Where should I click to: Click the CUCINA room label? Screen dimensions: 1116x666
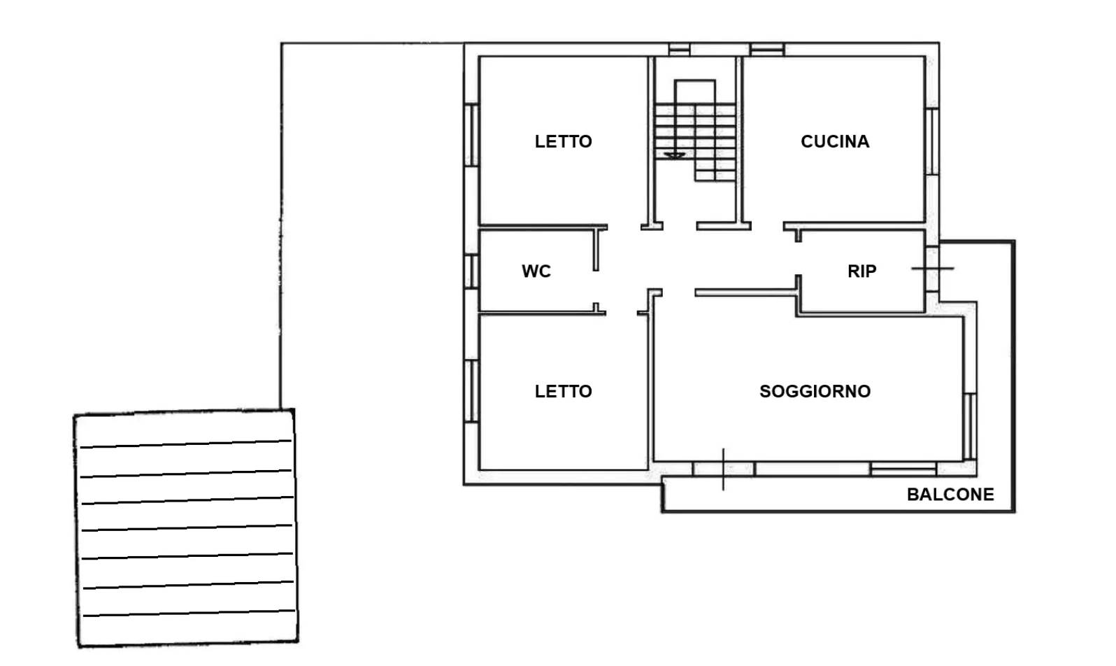tap(835, 141)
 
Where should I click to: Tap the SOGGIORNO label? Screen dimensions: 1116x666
tap(815, 391)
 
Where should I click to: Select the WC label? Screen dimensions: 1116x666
tap(536, 271)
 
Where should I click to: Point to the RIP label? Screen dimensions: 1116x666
tap(862, 271)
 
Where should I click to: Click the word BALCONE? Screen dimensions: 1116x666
tap(950, 495)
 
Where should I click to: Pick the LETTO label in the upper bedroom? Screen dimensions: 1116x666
tap(564, 141)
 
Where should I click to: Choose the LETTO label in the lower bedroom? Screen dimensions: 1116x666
tap(564, 391)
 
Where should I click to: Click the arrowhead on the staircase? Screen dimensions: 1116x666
tap(675, 155)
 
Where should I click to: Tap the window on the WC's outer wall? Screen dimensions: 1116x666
tap(471, 271)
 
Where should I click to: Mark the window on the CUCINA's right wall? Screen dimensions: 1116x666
tap(932, 141)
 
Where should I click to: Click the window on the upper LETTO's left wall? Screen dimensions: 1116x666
tap(471, 134)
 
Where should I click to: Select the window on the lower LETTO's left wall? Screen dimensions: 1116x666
tap(471, 391)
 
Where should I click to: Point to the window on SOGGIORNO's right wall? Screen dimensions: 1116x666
tap(970, 426)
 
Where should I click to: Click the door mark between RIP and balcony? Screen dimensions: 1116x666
tap(933, 269)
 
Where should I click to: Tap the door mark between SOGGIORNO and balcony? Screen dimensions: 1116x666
tap(724, 469)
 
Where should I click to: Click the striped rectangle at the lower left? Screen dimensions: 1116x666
tap(186, 528)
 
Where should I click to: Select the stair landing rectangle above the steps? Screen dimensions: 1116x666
tap(695, 92)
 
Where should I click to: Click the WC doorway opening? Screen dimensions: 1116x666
tap(596, 287)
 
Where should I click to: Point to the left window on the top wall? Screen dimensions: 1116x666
tap(679, 50)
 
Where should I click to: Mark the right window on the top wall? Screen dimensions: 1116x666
tap(767, 50)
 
